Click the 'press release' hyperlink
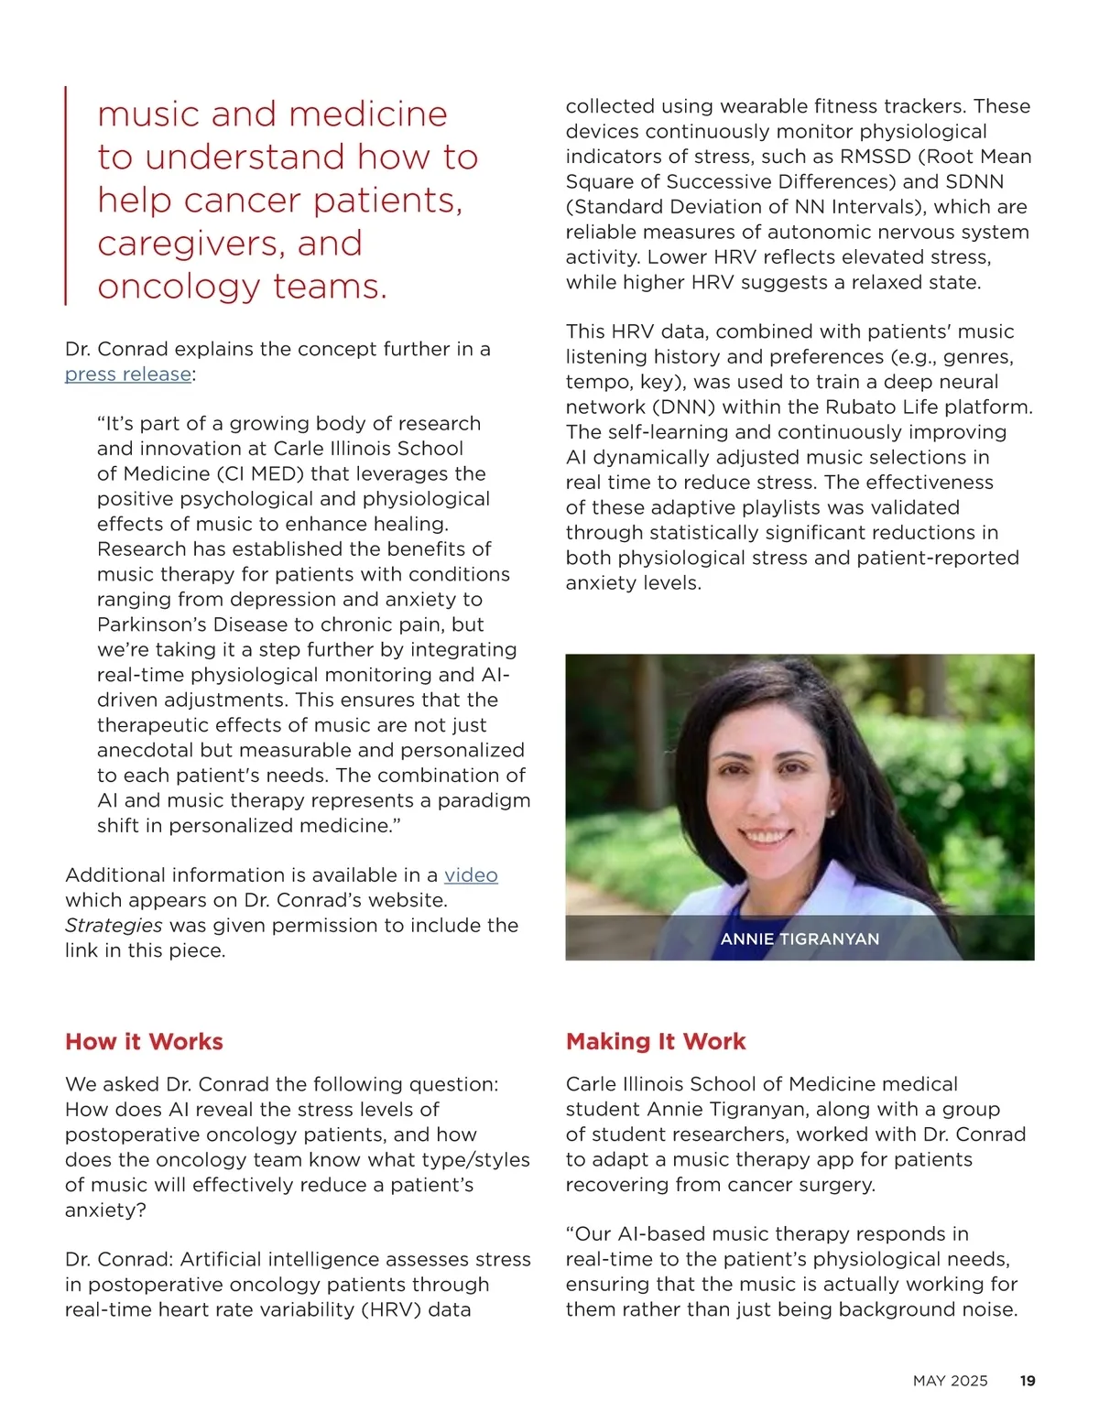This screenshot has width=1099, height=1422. tap(128, 374)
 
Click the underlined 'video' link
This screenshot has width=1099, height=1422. tap(471, 875)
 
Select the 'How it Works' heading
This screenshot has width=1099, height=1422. tap(144, 1042)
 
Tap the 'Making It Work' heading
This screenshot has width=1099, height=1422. tap(656, 1042)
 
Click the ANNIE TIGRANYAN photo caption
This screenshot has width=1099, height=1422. tap(800, 939)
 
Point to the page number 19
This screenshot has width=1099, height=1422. tap(1028, 1381)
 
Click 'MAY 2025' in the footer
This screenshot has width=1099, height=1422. tap(950, 1381)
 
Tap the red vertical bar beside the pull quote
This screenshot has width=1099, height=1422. tap(66, 196)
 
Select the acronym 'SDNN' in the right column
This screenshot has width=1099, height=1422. tap(975, 182)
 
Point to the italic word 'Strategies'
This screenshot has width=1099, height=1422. tap(114, 926)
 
